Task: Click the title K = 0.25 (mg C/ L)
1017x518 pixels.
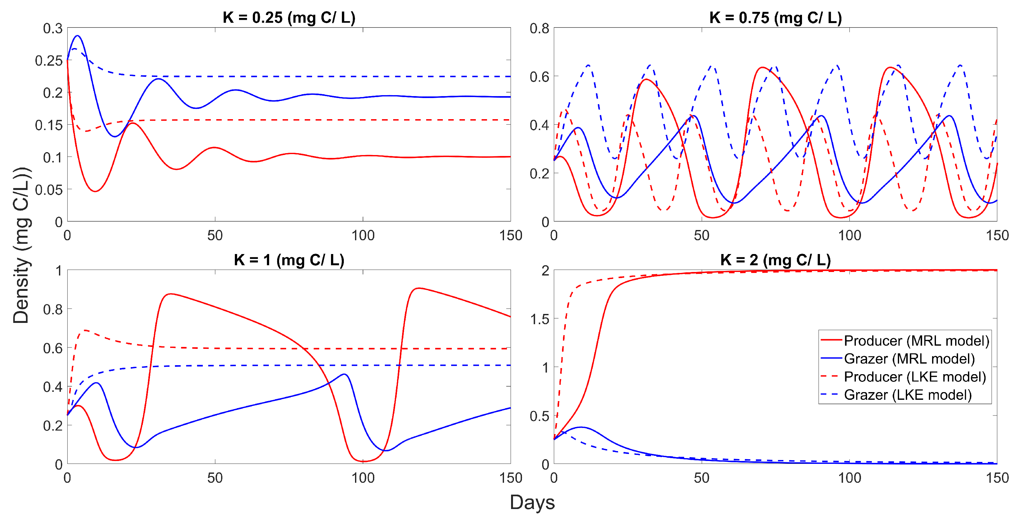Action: click(289, 18)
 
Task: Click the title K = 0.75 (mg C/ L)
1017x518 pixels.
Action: click(775, 18)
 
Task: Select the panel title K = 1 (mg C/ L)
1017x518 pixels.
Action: click(289, 260)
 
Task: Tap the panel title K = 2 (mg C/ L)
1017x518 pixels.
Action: click(775, 260)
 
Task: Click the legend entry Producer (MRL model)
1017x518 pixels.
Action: click(916, 341)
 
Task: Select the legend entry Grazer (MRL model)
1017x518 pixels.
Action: click(909, 358)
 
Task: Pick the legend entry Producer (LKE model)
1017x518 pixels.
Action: click(914, 377)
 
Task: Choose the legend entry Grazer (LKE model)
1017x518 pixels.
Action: click(907, 395)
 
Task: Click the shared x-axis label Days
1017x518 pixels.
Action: click(532, 503)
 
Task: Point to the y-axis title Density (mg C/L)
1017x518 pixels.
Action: click(21, 245)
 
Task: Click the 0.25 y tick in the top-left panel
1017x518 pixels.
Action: click(49, 61)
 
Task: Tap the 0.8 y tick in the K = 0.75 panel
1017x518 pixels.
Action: click(539, 29)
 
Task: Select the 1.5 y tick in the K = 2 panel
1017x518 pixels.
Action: click(539, 319)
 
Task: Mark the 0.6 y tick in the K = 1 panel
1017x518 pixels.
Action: click(53, 348)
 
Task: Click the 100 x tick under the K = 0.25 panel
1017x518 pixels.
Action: click(363, 236)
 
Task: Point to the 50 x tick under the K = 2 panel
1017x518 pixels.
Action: click(702, 478)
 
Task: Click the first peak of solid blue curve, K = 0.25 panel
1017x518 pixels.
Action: click(78, 36)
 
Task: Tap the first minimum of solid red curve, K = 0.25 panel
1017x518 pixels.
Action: click(95, 192)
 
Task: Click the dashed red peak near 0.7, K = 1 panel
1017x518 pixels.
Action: click(85, 330)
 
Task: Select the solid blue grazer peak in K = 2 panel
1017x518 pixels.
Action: click(582, 427)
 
